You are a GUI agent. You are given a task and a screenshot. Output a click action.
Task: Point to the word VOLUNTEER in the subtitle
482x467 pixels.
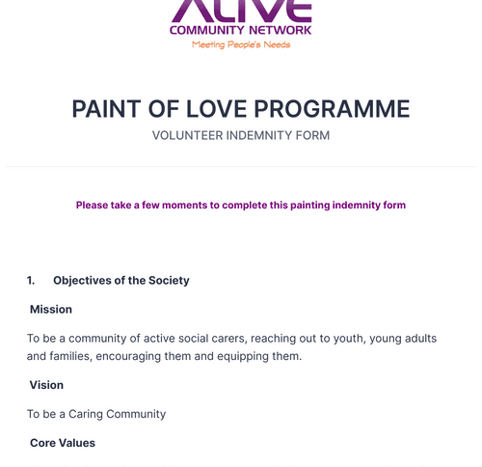click(184, 136)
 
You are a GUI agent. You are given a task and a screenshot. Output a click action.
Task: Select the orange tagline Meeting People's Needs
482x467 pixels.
click(241, 44)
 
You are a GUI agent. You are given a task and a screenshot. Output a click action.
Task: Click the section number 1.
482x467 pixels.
click(31, 281)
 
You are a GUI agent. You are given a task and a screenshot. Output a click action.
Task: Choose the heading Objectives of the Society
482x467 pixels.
click(121, 281)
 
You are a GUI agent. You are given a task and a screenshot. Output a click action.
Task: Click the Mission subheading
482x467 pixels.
click(51, 310)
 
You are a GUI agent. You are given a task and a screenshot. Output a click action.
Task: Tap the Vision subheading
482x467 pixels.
click(46, 385)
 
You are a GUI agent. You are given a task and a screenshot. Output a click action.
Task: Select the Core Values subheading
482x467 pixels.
click(63, 443)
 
